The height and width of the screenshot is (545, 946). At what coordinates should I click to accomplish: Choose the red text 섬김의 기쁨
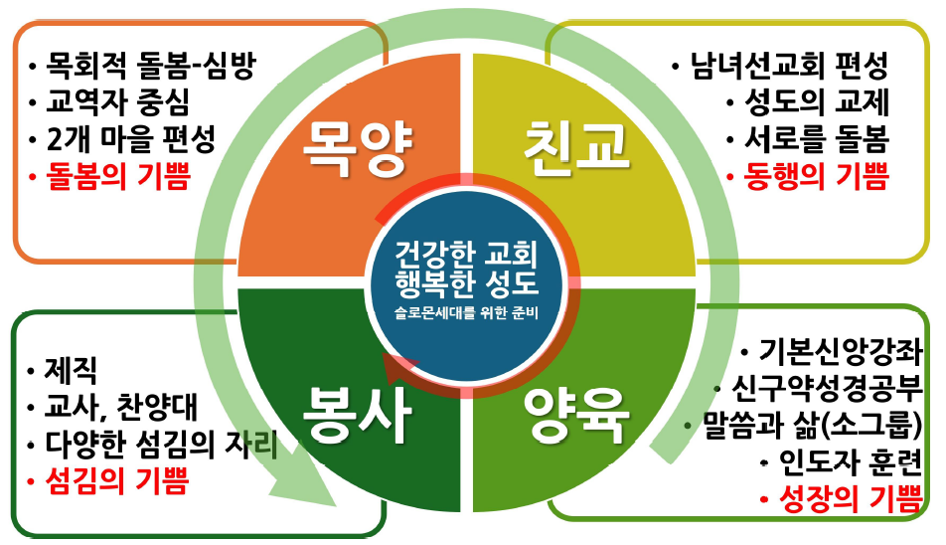[116, 482]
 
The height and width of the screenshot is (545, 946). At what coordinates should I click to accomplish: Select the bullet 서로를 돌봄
[818, 140]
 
